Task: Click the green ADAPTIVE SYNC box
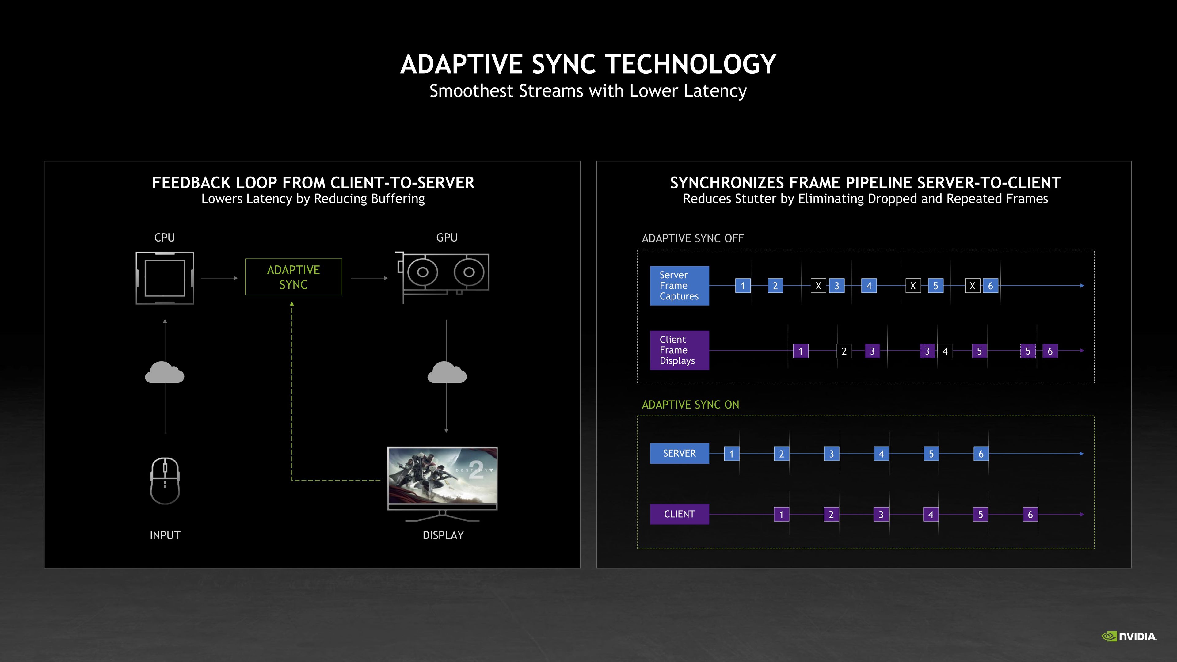pos(293,277)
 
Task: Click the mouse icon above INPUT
pos(165,481)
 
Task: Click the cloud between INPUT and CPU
pos(165,372)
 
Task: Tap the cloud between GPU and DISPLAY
pos(446,372)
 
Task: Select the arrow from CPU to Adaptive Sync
pos(219,278)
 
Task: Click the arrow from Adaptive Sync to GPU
pos(369,278)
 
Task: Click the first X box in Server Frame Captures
pos(818,286)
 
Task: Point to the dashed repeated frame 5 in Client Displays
pos(1028,351)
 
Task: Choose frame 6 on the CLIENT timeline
pos(1030,515)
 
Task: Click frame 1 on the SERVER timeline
pos(732,454)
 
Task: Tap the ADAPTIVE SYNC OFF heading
pos(692,238)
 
